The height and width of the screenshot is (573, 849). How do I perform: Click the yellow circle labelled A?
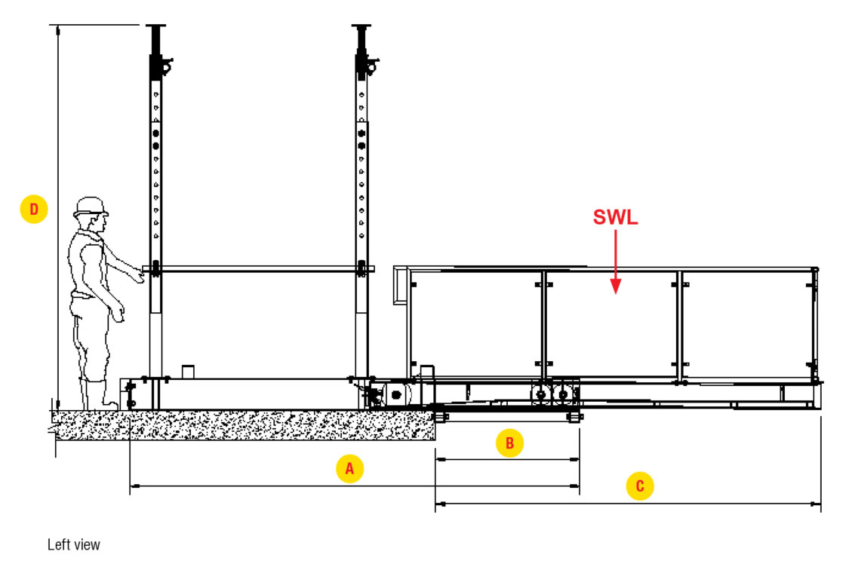click(x=349, y=468)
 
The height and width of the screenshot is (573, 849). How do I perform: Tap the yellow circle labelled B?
click(x=509, y=443)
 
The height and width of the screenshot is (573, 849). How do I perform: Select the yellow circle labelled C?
click(x=640, y=486)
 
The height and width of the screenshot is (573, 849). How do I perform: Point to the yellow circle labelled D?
click(x=34, y=209)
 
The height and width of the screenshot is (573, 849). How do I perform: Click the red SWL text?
click(x=615, y=218)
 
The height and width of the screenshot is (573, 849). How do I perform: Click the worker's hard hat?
click(x=91, y=206)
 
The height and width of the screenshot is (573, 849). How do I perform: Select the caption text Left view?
click(x=73, y=544)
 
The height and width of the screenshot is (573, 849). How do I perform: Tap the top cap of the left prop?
click(x=157, y=28)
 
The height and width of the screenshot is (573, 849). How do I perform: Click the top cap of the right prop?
click(x=362, y=28)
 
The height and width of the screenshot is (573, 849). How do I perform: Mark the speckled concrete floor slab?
click(x=241, y=425)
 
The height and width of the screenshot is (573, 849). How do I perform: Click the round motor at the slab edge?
click(x=395, y=394)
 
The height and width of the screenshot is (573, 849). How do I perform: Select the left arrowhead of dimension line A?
click(x=134, y=486)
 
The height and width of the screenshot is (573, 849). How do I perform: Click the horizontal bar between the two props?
click(x=257, y=268)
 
